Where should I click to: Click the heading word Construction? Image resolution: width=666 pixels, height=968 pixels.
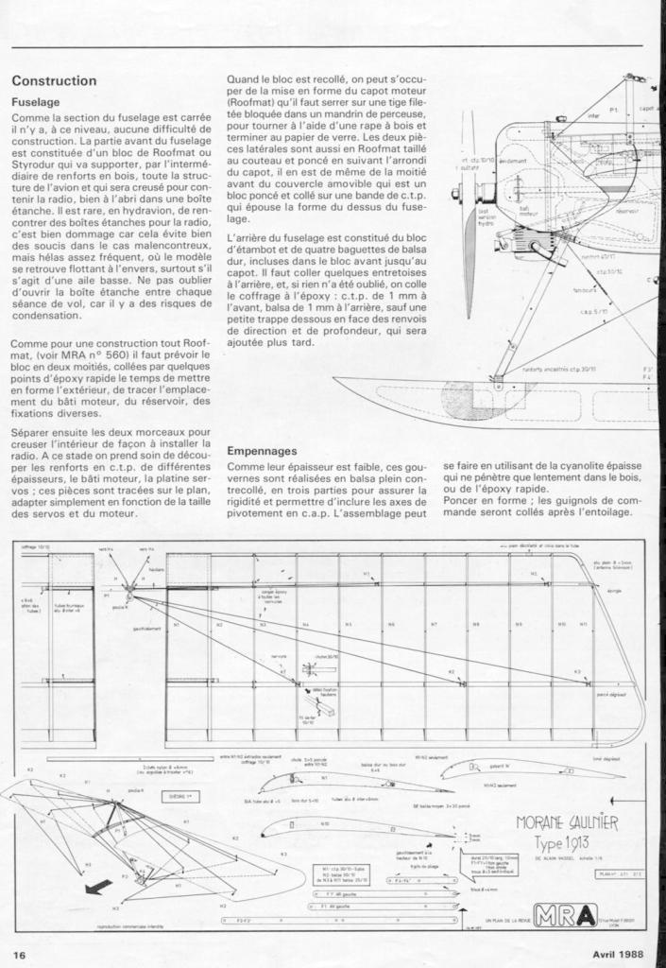coord(54,81)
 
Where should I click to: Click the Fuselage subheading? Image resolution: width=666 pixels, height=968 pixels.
coord(36,101)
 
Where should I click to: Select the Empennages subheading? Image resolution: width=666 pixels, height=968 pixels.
coord(263,451)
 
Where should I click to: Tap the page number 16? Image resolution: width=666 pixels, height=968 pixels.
coord(19,954)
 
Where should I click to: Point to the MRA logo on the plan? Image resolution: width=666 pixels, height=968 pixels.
coord(565,915)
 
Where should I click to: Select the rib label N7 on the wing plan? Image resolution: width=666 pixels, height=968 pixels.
coord(434,624)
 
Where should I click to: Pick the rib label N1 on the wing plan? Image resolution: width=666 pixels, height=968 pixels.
coord(193,624)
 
